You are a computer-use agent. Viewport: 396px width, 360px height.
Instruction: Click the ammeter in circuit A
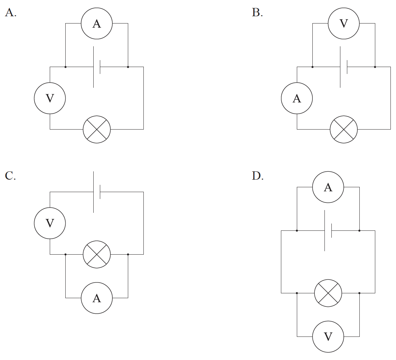tap(97, 23)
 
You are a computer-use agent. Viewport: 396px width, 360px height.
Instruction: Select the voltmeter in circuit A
tap(50, 98)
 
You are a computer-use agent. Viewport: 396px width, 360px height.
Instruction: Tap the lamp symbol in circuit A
tap(97, 129)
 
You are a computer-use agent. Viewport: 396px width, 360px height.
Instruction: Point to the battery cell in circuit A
tap(97, 67)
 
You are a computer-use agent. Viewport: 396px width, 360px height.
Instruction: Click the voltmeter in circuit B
tap(343, 23)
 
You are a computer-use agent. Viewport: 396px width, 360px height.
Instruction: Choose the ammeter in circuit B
tap(297, 98)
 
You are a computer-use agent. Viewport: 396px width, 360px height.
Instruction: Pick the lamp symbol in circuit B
tap(343, 129)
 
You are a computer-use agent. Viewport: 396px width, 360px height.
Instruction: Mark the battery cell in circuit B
tap(343, 67)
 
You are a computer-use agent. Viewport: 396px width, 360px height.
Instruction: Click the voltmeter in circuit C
tap(50, 223)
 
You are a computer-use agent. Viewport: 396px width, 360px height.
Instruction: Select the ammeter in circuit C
tap(97, 298)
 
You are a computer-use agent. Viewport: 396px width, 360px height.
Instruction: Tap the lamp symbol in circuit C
tap(97, 254)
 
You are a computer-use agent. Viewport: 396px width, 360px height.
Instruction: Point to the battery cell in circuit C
tap(97, 192)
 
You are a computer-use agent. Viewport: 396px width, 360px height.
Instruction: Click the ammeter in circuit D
tap(328, 187)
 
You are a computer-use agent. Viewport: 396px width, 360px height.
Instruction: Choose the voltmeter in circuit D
tap(328, 337)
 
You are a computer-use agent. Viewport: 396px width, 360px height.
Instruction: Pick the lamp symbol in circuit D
tap(328, 293)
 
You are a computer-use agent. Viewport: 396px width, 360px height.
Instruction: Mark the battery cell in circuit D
tap(328, 230)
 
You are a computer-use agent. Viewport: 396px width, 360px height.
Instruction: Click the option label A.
tap(11, 13)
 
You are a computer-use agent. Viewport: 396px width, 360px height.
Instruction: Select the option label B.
tap(257, 13)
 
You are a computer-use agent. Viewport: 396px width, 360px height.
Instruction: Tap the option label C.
tap(10, 176)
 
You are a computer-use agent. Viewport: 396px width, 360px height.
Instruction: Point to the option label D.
tap(257, 176)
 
